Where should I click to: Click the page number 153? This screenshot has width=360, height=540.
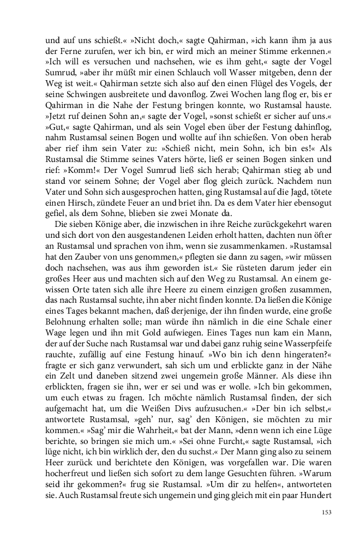[x=326, y=512]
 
